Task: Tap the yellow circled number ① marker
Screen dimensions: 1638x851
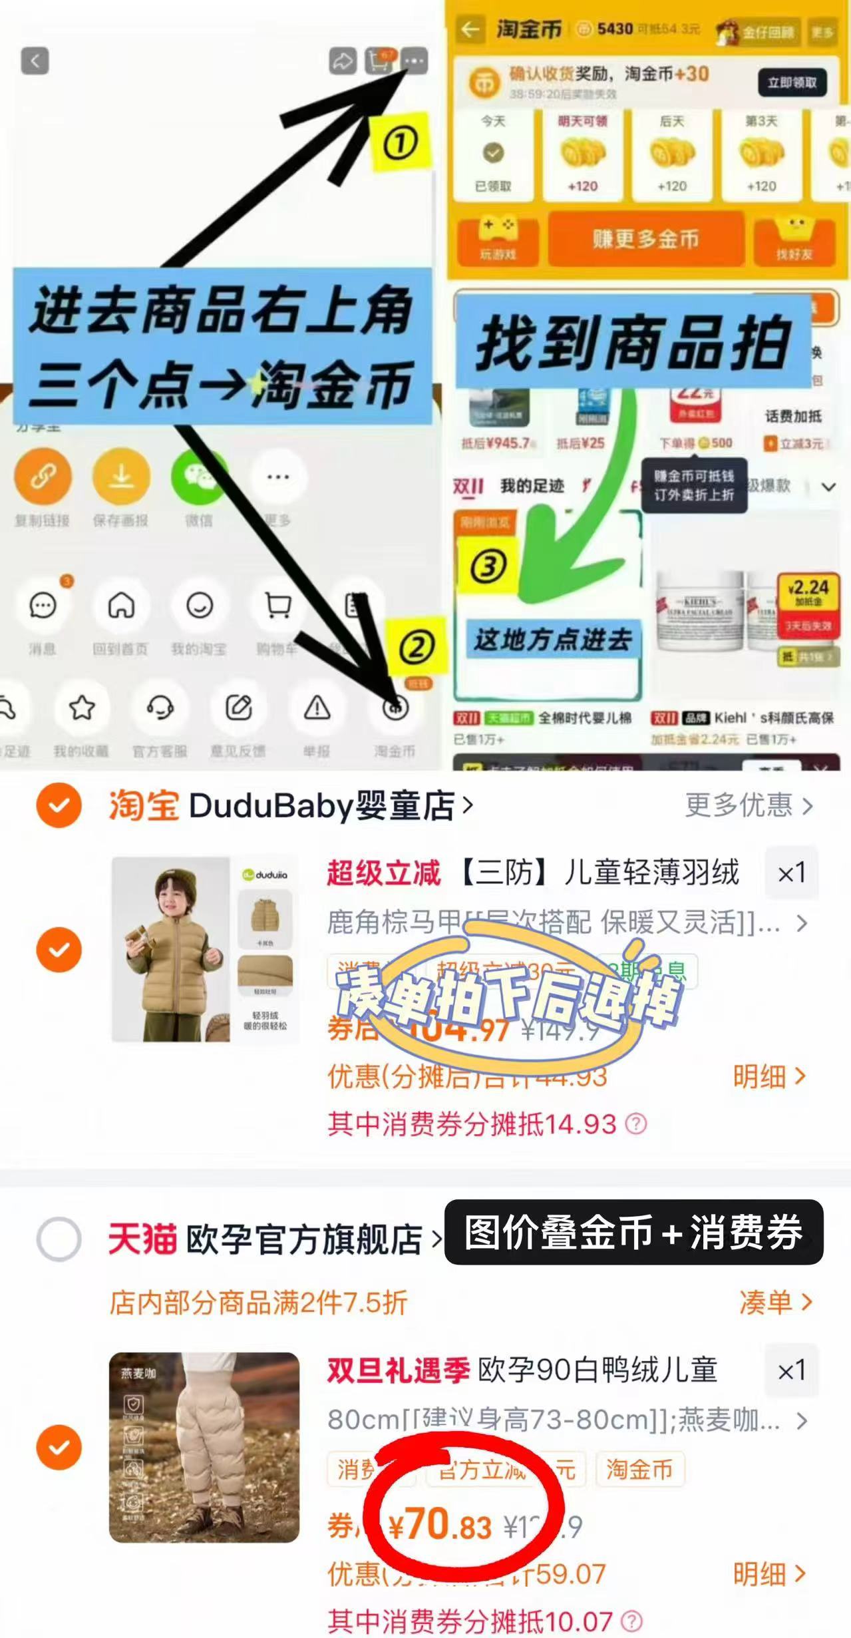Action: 400,142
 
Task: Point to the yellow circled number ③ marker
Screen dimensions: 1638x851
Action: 489,566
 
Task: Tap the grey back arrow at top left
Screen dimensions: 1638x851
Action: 35,61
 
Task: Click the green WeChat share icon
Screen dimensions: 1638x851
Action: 198,476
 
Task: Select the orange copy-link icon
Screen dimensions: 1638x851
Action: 43,476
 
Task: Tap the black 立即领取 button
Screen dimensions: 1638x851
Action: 792,83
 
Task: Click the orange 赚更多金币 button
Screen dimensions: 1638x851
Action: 645,239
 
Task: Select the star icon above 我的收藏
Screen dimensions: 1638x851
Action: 82,708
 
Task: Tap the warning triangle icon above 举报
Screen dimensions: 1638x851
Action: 317,708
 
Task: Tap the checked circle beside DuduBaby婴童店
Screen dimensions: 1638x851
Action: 59,805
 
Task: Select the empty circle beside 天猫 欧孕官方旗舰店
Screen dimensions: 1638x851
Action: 59,1239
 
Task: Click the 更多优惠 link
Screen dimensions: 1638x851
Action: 749,805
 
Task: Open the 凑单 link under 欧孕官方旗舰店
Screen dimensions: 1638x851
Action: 775,1302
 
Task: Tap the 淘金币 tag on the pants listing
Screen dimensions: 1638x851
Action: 639,1469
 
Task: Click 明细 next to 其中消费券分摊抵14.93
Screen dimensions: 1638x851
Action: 769,1076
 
